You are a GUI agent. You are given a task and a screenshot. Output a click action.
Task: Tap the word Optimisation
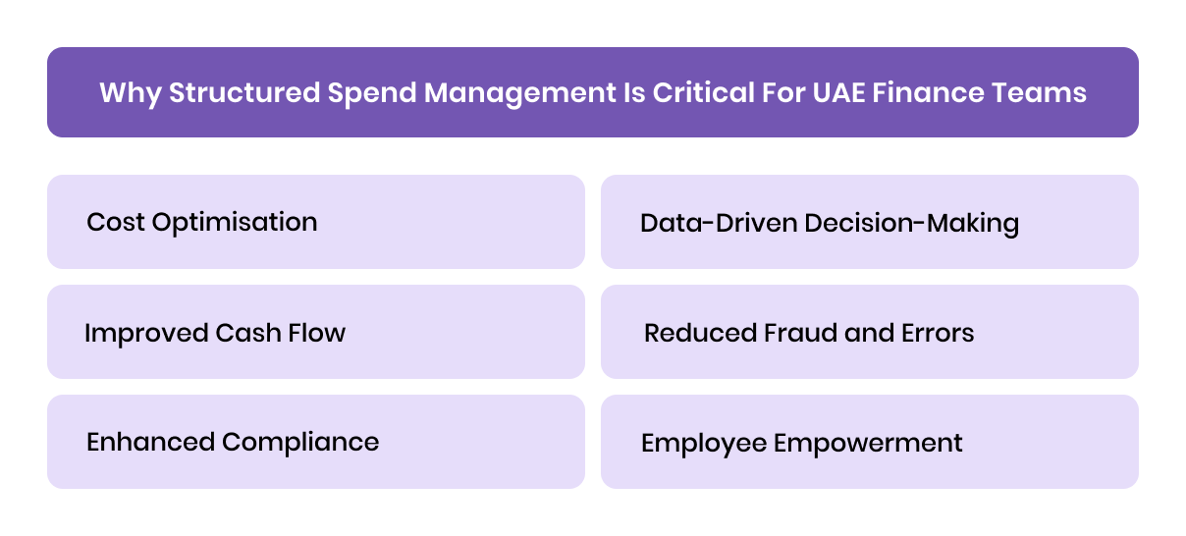[x=235, y=222]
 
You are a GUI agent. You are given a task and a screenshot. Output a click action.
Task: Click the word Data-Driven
[x=718, y=223]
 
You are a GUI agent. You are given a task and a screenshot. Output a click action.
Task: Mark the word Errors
[x=937, y=333]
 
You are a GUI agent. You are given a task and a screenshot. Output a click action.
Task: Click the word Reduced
[x=698, y=333]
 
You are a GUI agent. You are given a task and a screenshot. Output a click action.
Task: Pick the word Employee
[x=703, y=443]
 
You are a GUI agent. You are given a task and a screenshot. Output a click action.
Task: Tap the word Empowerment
[x=868, y=443]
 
